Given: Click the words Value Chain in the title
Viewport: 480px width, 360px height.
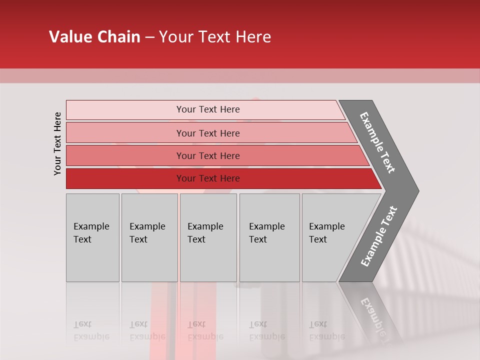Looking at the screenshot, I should point(94,37).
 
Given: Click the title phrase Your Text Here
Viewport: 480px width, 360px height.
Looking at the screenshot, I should point(215,37).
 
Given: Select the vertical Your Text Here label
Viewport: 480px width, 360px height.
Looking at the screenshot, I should point(57,143).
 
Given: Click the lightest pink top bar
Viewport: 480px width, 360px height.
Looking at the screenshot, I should point(125,110).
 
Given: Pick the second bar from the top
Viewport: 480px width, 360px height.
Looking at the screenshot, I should point(125,133).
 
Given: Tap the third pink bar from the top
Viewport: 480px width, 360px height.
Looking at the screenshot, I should point(125,155).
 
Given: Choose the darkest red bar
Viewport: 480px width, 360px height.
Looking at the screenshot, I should point(125,178).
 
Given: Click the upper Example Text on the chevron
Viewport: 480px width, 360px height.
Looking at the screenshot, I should point(377,142).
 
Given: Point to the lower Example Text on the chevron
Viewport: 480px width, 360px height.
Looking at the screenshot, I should point(379,236).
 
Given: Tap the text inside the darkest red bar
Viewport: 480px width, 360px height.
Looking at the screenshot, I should point(208,178).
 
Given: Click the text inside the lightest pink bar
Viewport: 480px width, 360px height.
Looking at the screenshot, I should point(208,109).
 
